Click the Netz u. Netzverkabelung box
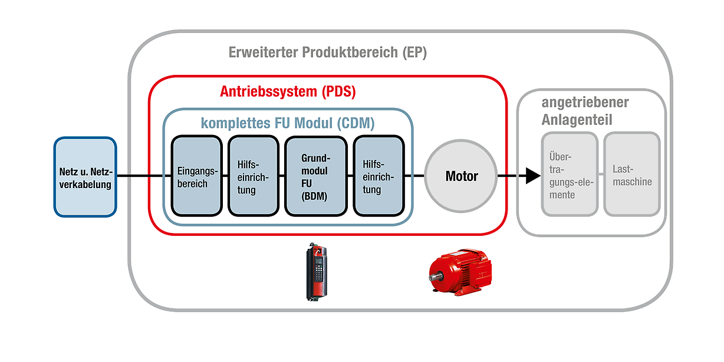pyautogui.click(x=85, y=176)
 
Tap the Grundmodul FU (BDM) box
pyautogui.click(x=315, y=176)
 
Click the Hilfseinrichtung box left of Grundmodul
pyautogui.click(x=253, y=176)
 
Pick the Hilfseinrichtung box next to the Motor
pyautogui.click(x=378, y=176)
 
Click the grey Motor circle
pyautogui.click(x=461, y=176)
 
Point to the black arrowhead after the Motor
pyautogui.click(x=532, y=176)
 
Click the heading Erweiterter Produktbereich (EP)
pyautogui.click(x=327, y=52)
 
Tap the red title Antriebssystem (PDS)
pyautogui.click(x=288, y=92)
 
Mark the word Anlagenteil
pyautogui.click(x=577, y=120)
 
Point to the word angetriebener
pyautogui.click(x=585, y=103)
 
